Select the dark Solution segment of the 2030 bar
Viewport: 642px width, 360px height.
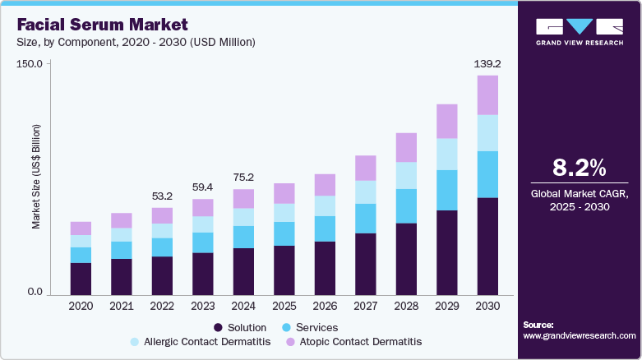coord(487,246)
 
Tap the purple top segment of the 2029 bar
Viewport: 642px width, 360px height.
coord(447,121)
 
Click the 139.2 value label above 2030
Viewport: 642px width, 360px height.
coord(487,62)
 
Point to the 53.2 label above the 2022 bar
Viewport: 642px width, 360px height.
coord(162,196)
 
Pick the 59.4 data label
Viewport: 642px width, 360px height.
coord(202,187)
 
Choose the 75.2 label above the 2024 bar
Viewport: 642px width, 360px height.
coord(242,177)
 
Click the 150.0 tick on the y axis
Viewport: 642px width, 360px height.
coord(30,64)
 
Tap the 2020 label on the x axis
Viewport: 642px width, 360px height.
coord(81,307)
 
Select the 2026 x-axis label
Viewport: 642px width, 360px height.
coord(324,307)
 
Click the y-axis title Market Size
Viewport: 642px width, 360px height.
coord(35,177)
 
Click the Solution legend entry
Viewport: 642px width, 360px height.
coord(240,327)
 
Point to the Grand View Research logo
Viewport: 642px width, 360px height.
coord(579,30)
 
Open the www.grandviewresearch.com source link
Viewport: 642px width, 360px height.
coord(579,336)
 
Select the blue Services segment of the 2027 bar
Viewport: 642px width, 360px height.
coord(366,219)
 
